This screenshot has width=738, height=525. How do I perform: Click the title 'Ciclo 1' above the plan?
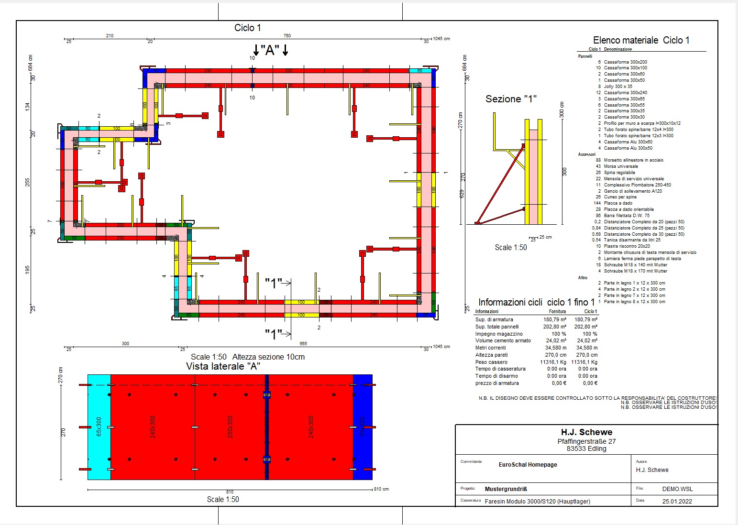coord(247,28)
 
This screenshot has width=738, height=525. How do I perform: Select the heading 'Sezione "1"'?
coord(511,99)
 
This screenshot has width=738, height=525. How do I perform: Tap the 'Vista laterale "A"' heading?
coord(222,366)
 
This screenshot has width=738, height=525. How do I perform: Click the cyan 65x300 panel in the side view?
coord(99,427)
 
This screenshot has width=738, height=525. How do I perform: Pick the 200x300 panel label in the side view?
coord(230,427)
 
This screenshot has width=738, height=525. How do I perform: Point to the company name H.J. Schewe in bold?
coord(586,432)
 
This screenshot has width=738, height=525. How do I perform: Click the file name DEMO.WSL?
coord(677,489)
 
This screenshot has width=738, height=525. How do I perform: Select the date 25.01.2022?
coord(677,502)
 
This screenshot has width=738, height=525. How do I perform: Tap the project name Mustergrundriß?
coord(506,489)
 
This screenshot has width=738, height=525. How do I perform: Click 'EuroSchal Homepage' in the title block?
coord(528,465)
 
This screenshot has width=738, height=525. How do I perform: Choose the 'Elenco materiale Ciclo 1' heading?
coord(641,41)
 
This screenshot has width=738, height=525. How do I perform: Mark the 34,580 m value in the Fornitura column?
coord(556,348)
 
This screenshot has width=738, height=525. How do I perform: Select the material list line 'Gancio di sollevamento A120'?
coord(633,191)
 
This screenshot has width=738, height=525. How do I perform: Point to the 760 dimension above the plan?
coord(287,36)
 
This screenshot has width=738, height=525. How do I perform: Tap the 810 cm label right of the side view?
coord(381,489)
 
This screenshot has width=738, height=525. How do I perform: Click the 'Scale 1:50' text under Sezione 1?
coord(510,248)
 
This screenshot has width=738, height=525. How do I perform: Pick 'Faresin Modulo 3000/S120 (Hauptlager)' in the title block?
coord(537,502)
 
